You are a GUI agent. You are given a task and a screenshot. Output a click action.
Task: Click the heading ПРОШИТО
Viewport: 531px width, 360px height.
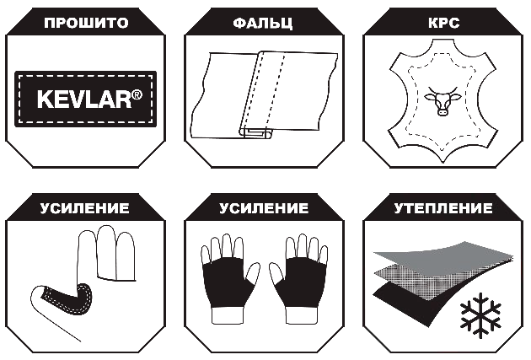point(86,23)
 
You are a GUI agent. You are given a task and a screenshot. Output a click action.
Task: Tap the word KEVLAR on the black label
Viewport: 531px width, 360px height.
point(84,99)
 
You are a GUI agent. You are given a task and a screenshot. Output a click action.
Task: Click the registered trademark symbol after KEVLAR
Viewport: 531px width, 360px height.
point(137,94)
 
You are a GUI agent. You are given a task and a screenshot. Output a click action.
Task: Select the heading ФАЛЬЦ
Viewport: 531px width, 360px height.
point(263,24)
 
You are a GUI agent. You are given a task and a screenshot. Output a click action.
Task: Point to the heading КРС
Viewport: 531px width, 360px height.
point(444,23)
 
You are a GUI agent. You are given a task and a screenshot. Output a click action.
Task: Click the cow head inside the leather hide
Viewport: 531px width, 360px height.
point(443,100)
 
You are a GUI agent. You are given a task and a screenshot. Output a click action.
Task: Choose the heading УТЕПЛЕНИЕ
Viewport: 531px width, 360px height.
point(443,208)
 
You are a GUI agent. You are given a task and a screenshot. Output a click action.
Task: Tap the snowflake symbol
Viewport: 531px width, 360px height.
point(480,313)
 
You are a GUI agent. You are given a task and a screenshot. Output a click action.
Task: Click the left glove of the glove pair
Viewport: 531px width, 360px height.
point(229,278)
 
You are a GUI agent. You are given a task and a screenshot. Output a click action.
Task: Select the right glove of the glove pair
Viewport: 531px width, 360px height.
point(299,278)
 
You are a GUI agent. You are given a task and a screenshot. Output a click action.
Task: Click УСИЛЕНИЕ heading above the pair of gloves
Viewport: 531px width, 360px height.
point(264,208)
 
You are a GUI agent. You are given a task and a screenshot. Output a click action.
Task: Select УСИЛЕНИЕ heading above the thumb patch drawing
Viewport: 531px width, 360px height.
point(84,208)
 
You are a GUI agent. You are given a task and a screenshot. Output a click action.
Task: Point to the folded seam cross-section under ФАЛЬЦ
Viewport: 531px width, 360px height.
point(256,132)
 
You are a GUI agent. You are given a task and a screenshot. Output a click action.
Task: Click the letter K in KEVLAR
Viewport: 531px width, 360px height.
point(44,99)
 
